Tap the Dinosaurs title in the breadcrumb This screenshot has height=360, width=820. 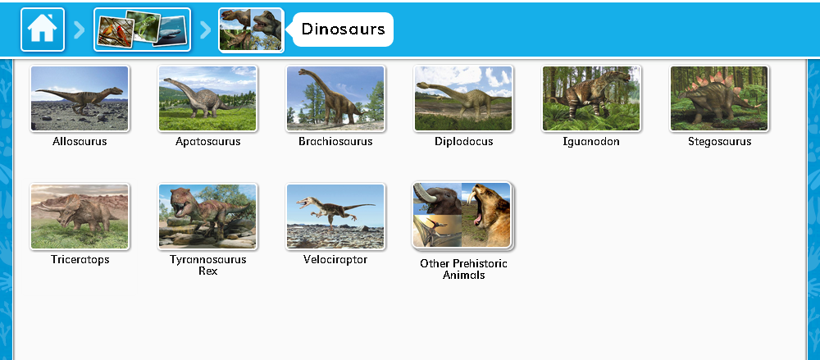coord(343,30)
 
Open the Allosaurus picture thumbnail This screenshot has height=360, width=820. coord(80,98)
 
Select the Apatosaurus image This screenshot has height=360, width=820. coord(207,98)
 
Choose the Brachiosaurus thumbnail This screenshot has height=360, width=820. coord(335,98)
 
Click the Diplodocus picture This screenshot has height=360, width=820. coord(463,98)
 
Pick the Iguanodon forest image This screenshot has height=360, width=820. coord(591,98)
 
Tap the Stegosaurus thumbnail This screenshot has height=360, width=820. coord(719,98)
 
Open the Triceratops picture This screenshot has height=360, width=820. coord(80,216)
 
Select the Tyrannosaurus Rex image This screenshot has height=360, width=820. coord(207,216)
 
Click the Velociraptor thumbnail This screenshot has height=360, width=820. coord(335,216)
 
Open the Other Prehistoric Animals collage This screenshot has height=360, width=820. coord(462,216)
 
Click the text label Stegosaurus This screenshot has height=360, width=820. coord(719,142)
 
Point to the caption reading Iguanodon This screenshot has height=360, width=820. coord(591,142)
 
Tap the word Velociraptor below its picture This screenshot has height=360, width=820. coord(335,260)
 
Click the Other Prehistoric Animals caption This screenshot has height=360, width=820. coord(463,269)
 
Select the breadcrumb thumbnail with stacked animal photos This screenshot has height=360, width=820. coord(142,30)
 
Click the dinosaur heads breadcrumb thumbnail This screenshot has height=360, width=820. coord(251,30)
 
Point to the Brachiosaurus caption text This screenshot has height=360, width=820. coord(335,142)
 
